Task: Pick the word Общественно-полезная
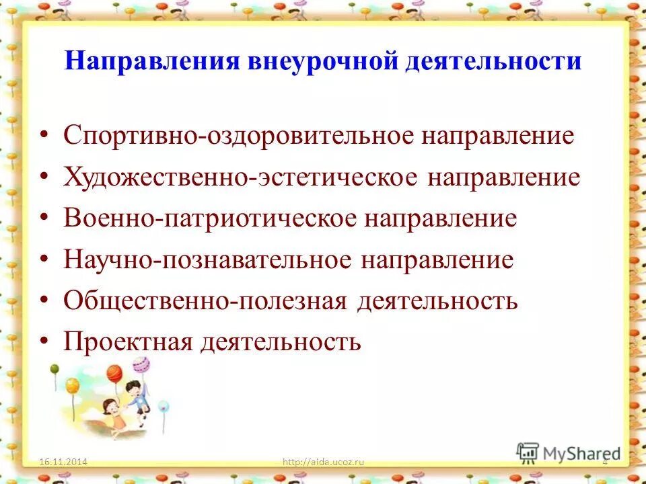(x=206, y=300)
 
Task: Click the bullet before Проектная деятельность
(x=44, y=341)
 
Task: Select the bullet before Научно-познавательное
(x=44, y=260)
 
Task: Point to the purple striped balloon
(x=141, y=365)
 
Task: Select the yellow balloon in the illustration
(x=72, y=385)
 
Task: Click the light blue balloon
(x=162, y=406)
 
